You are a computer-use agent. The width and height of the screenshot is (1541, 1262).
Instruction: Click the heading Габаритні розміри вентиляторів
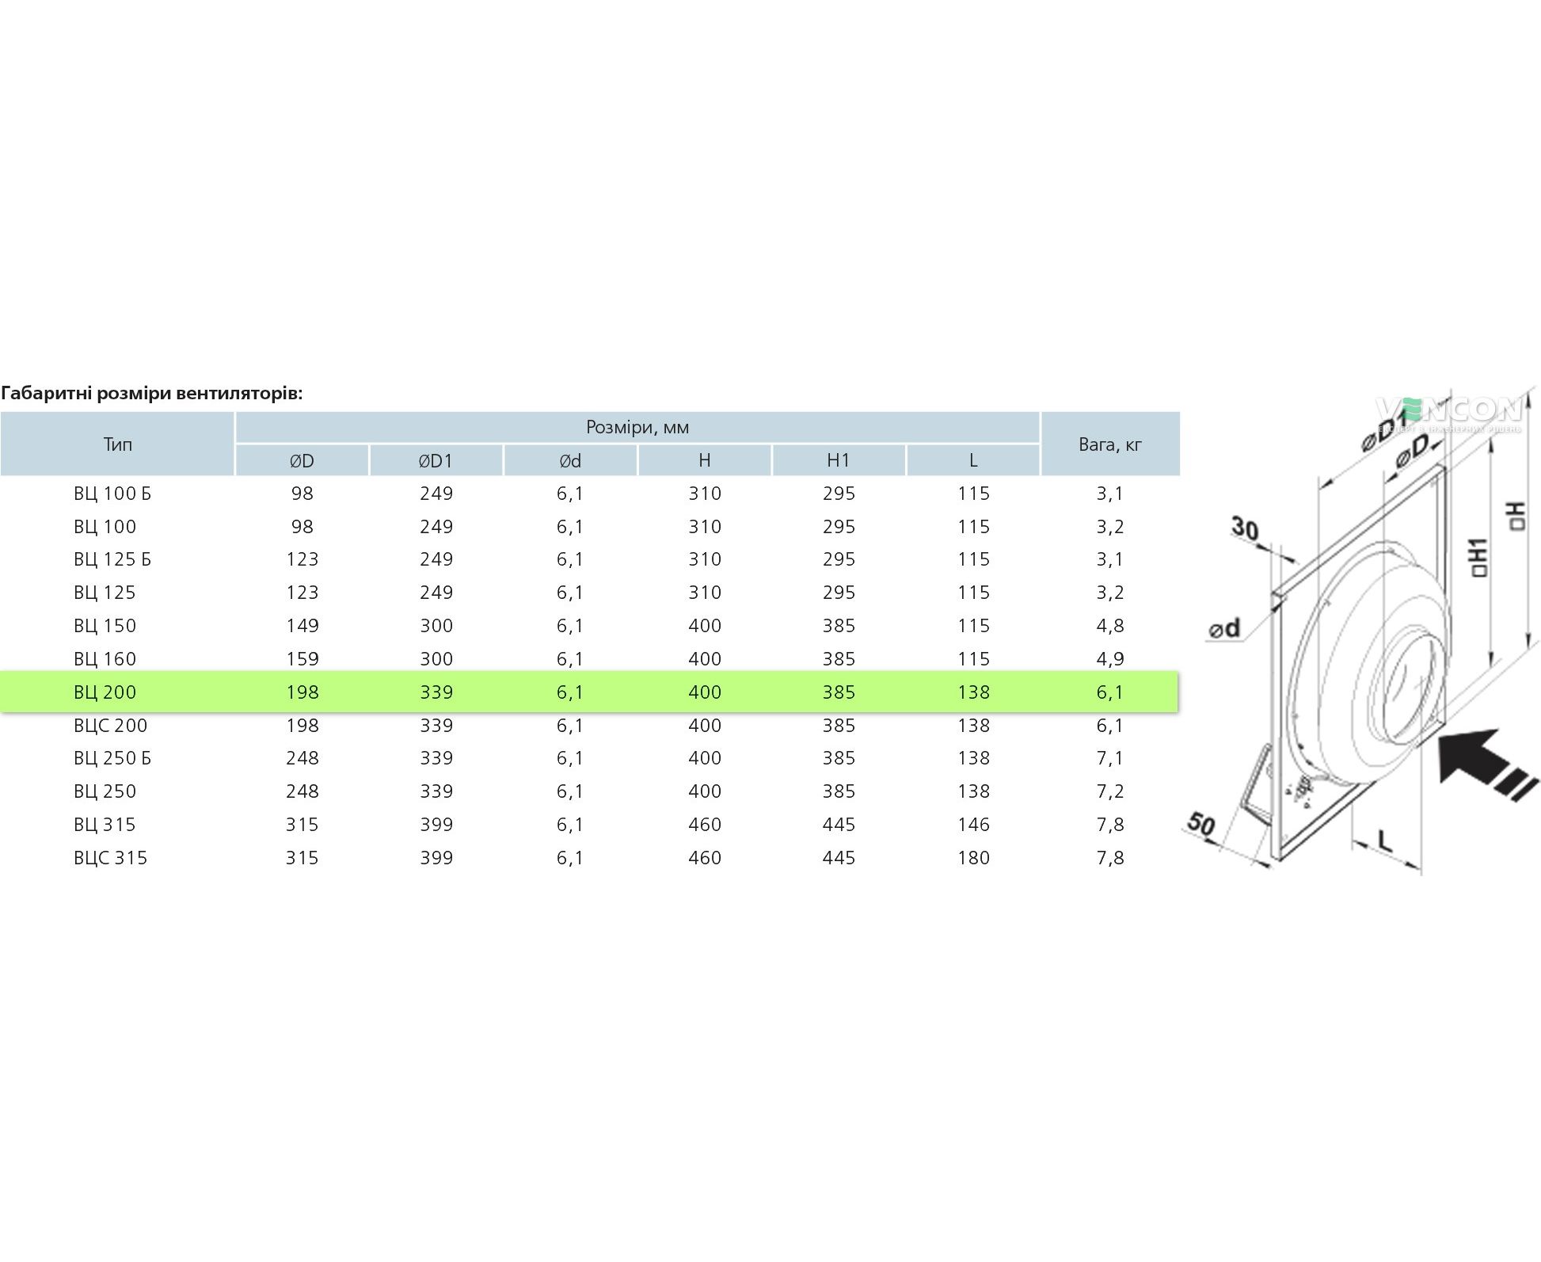coord(152,393)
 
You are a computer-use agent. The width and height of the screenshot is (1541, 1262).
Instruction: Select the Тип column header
coord(117,444)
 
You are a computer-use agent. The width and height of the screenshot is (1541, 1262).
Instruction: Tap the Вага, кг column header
coord(1110,444)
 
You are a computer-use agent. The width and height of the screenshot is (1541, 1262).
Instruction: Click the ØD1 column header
coord(436,460)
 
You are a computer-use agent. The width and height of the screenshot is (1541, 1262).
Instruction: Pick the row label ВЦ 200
coord(105,692)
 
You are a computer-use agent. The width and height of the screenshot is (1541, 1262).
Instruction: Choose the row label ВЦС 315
coord(111,857)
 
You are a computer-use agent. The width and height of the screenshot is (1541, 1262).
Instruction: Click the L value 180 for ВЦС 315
coord(973,857)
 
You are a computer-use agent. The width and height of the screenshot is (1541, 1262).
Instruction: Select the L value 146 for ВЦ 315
coord(973,824)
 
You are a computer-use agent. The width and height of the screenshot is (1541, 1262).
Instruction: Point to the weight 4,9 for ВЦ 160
coord(1110,658)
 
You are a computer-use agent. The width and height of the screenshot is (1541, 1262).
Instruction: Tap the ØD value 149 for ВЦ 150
coord(302,625)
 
